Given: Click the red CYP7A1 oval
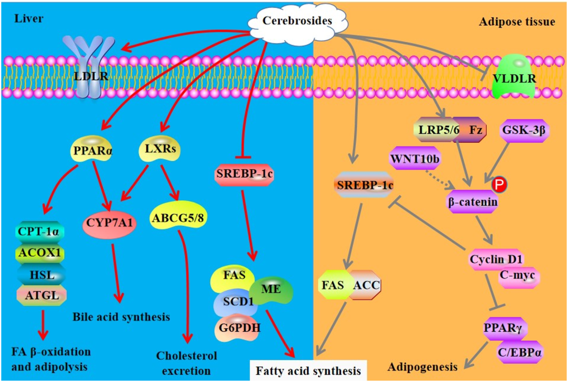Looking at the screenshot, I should coord(109,223).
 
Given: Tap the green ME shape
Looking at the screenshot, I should coord(272,289).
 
